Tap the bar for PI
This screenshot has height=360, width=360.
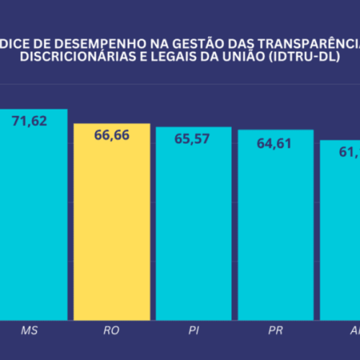click(x=194, y=230)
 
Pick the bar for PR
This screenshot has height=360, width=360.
click(x=276, y=230)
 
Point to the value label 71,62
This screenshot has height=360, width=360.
click(x=30, y=121)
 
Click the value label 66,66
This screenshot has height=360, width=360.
click(x=112, y=135)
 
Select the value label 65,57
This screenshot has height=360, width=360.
click(x=194, y=138)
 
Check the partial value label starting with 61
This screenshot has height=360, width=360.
click(x=349, y=150)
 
